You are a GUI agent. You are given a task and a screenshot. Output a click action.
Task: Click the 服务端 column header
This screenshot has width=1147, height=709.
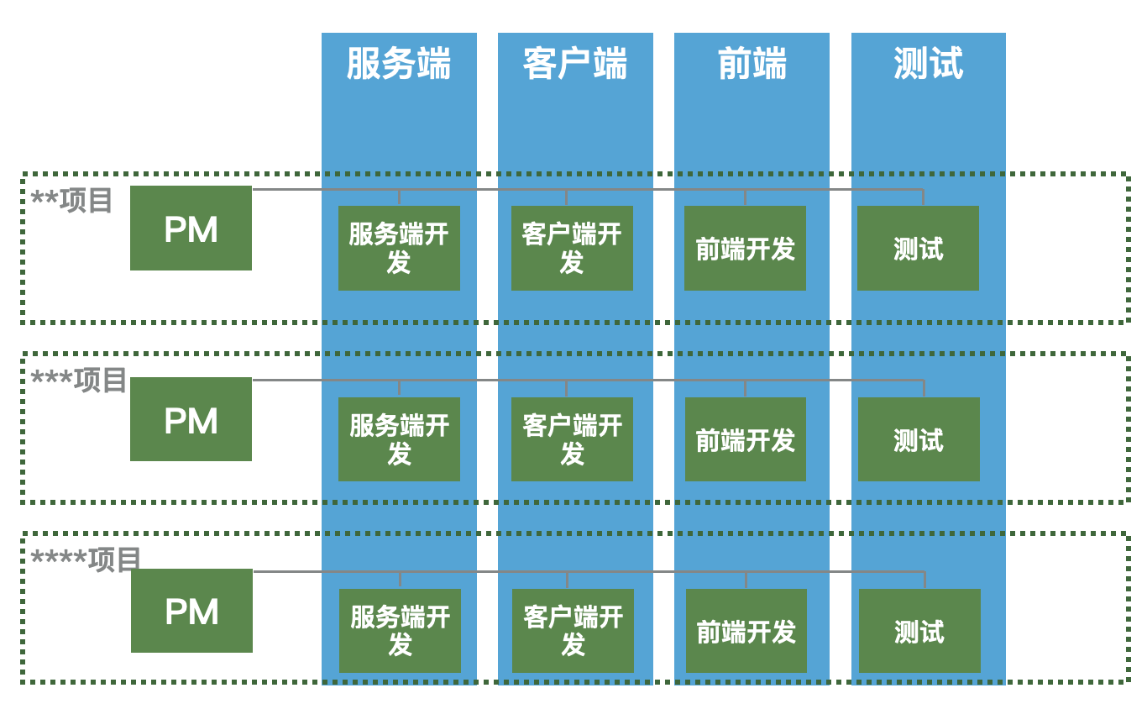click(x=399, y=64)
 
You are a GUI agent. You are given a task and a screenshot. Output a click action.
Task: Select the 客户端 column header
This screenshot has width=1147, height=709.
click(x=575, y=64)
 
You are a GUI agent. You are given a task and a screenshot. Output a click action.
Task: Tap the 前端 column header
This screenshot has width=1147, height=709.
click(x=752, y=64)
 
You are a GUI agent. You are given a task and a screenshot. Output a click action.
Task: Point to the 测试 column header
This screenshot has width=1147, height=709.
click(x=928, y=64)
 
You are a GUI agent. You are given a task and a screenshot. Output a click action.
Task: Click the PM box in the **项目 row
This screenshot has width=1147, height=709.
click(x=191, y=228)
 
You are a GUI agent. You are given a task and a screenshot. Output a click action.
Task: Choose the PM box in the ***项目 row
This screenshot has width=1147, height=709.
click(x=191, y=419)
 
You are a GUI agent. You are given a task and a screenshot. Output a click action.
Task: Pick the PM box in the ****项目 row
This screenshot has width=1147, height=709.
click(x=191, y=611)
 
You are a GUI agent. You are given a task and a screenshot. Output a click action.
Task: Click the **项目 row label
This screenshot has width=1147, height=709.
click(x=72, y=201)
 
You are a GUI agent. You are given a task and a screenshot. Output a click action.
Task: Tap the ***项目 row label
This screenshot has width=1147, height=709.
click(x=79, y=381)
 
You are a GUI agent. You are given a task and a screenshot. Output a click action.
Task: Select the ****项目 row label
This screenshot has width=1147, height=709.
click(x=86, y=559)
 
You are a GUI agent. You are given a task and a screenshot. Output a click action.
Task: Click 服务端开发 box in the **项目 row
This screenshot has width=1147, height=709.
click(x=399, y=249)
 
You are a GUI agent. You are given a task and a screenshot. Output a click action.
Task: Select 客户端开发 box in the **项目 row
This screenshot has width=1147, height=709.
click(x=572, y=249)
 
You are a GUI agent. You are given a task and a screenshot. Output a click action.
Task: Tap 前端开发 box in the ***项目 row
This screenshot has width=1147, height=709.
click(x=746, y=439)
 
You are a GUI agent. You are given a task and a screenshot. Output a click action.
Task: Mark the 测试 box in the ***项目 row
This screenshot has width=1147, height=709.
click(x=919, y=439)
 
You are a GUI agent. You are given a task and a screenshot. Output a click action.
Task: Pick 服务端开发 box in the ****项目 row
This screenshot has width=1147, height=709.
click(x=400, y=631)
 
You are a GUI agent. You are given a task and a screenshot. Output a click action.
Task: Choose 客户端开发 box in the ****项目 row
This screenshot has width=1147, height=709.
click(x=573, y=631)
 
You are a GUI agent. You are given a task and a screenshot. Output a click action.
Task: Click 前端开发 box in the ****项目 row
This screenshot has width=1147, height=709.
click(x=746, y=631)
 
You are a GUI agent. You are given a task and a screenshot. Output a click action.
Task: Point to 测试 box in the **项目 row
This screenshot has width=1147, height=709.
click(x=918, y=249)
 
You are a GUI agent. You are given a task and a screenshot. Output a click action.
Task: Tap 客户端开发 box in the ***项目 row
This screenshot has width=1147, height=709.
click(x=572, y=439)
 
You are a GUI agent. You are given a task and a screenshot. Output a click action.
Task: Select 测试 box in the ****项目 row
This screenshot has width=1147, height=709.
click(x=919, y=631)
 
